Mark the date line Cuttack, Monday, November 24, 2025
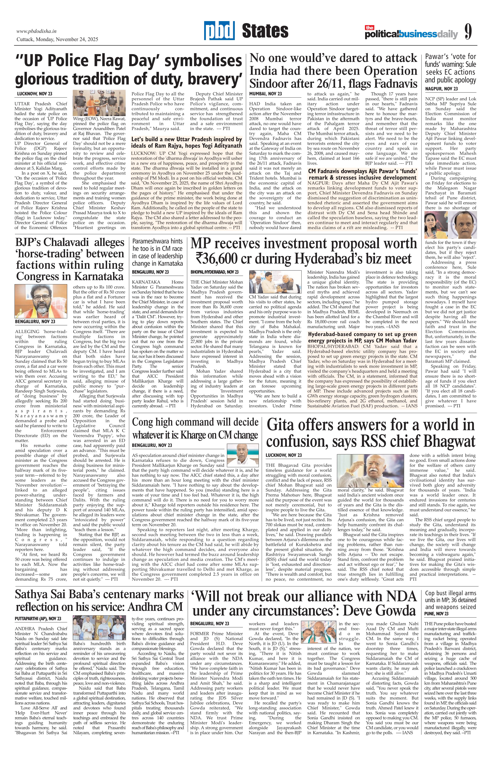pyautogui.click(x=57, y=40)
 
